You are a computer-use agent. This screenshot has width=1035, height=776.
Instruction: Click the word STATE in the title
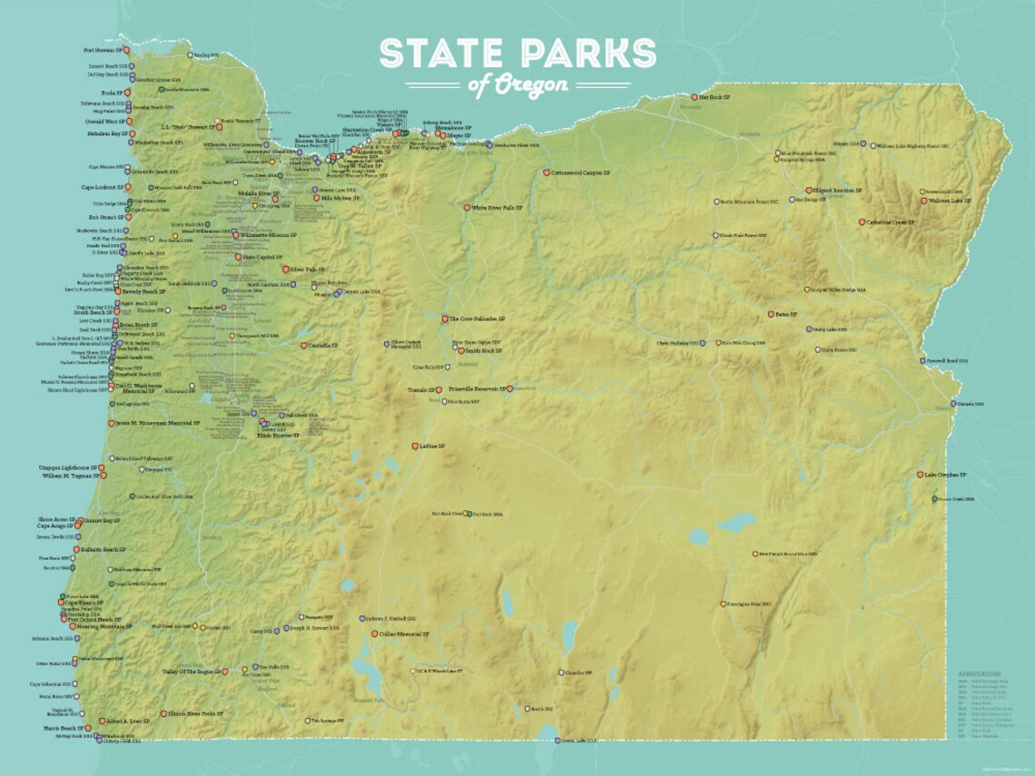point(436,54)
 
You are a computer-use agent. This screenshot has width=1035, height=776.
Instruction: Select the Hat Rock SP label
point(714,95)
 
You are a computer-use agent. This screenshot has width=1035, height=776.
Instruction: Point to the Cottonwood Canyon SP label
point(587,172)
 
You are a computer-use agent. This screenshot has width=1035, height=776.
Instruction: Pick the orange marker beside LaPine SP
point(414,446)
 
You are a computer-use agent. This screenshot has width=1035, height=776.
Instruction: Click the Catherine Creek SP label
point(890,221)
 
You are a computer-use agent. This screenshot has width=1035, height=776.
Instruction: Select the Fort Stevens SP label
point(103,51)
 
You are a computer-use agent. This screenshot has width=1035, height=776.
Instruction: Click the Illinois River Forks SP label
point(196,713)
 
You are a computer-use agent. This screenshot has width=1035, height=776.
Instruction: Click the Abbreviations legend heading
point(978,674)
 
